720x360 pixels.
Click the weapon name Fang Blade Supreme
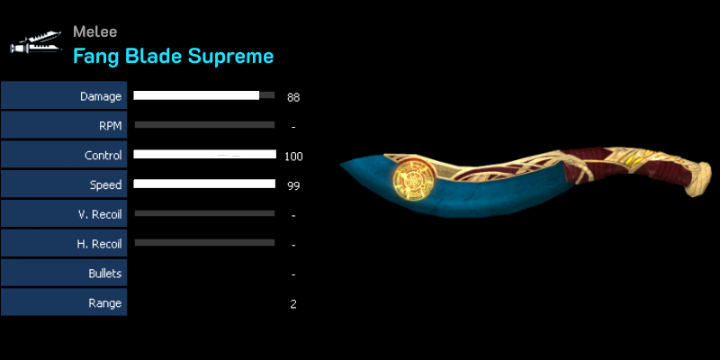pyautogui.click(x=174, y=57)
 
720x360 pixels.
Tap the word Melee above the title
pyautogui.click(x=95, y=31)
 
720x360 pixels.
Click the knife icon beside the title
pyautogui.click(x=36, y=42)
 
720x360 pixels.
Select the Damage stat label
pyautogui.click(x=101, y=96)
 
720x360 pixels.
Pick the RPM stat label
pyautogui.click(x=110, y=126)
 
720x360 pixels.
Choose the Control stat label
pyautogui.click(x=103, y=155)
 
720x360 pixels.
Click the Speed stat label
pyautogui.click(x=105, y=185)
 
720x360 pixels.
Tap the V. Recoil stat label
pyautogui.click(x=100, y=214)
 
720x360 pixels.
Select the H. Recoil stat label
pyautogui.click(x=99, y=244)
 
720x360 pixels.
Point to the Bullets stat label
pyautogui.click(x=104, y=274)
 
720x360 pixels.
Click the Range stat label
pyautogui.click(x=104, y=303)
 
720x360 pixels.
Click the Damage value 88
pyautogui.click(x=293, y=97)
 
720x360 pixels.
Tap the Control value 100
pyautogui.click(x=293, y=157)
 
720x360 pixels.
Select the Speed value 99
pyautogui.click(x=293, y=186)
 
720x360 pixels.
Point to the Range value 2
pyautogui.click(x=293, y=304)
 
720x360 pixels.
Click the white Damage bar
pyautogui.click(x=196, y=95)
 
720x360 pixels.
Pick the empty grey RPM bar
pyautogui.click(x=204, y=124)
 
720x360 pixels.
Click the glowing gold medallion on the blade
pyautogui.click(x=414, y=179)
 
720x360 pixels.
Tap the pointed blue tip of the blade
pyautogui.click(x=341, y=165)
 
